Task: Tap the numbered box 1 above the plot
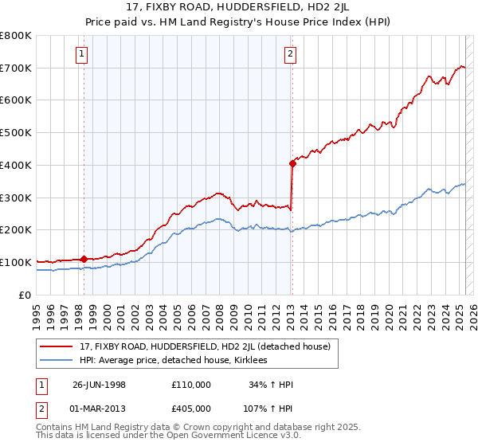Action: click(x=83, y=54)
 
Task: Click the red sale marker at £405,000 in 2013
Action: click(x=292, y=164)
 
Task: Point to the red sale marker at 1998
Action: click(x=84, y=258)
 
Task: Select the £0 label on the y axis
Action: click(x=26, y=295)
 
